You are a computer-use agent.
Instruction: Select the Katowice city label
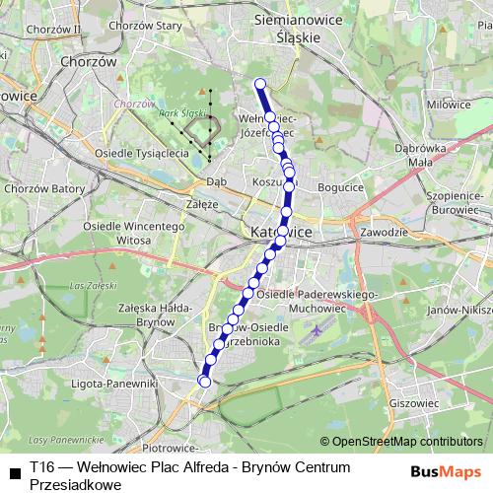tap(282, 232)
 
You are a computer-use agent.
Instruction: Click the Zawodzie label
tap(385, 233)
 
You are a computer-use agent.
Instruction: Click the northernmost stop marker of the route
tap(260, 84)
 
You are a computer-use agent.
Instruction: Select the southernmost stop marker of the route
tap(205, 382)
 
